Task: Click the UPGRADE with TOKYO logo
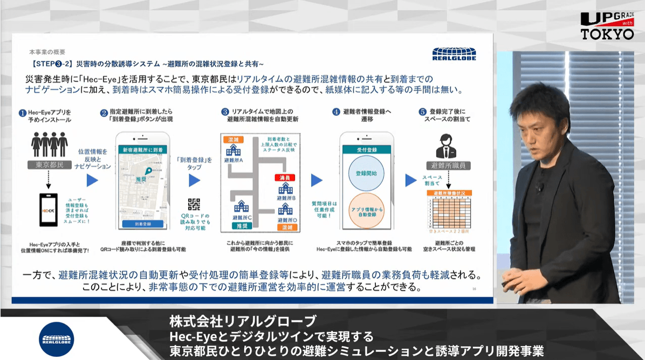pos(607,25)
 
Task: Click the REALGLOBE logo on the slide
pos(454,54)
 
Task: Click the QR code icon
pos(194,204)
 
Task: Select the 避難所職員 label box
pos(445,165)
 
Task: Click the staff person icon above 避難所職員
pos(445,144)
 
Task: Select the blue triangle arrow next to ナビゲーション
pos(93,181)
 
